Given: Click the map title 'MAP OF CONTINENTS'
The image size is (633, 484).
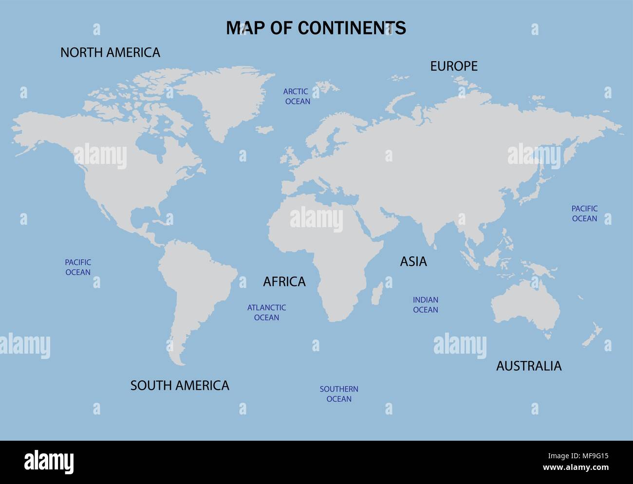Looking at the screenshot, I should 316,28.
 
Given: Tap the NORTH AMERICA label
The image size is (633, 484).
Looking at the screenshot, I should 110,53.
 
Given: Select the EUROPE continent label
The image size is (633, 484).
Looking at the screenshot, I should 454,66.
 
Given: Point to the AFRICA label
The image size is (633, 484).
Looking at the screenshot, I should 284,282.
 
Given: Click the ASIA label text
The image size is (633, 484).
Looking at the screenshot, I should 413,262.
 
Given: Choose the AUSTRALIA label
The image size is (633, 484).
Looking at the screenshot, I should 529,366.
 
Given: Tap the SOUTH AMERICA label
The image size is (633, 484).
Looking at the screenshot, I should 180,386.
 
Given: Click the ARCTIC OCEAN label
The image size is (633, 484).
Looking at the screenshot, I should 297,96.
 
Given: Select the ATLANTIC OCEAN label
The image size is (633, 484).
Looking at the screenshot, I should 266,312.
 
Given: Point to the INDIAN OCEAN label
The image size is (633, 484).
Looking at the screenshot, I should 426,305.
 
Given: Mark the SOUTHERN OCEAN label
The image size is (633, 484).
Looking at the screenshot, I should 339,394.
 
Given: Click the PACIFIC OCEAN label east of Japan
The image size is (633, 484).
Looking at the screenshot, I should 584,214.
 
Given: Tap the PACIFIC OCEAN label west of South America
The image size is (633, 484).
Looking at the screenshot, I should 78,267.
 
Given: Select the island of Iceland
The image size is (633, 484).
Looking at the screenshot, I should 265,130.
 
